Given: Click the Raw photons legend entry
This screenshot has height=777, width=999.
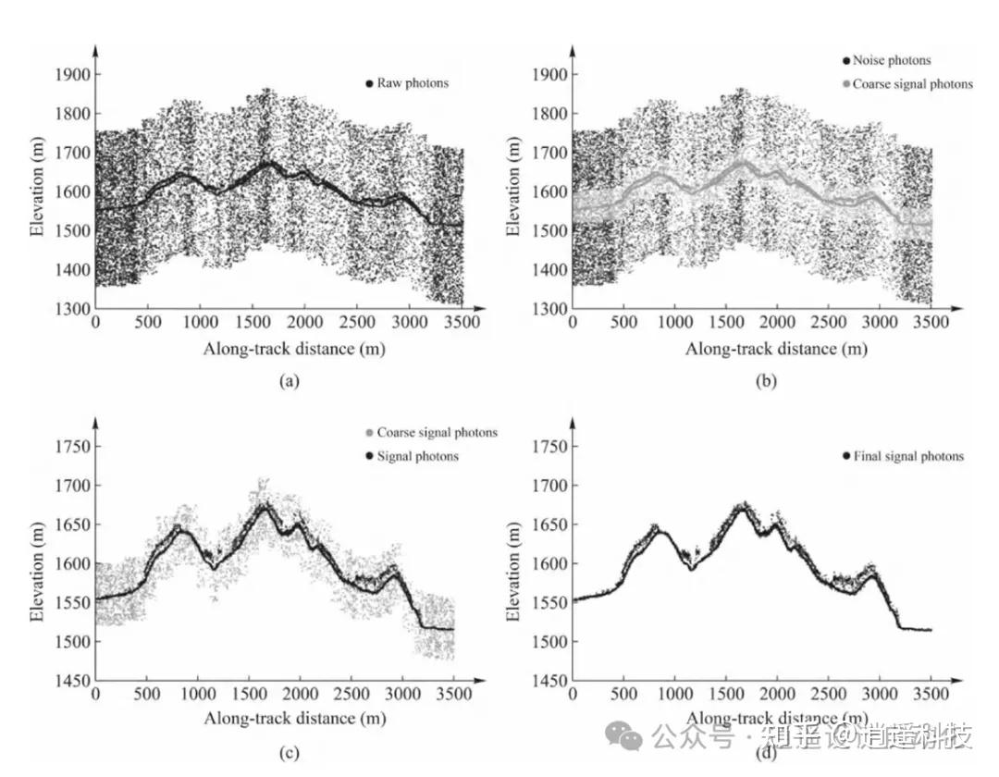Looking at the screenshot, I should [x=407, y=83].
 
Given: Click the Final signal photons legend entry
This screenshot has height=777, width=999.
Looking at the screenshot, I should [x=904, y=456].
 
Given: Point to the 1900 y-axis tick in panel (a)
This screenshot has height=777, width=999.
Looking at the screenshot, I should [x=73, y=74].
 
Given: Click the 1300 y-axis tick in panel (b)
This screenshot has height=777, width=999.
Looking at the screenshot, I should [x=550, y=309].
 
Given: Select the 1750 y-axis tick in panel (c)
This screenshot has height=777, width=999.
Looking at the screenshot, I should [x=73, y=447].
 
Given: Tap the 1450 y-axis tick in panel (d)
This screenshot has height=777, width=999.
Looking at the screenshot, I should [x=550, y=681].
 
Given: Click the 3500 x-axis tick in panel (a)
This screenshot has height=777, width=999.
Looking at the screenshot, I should [x=462, y=321].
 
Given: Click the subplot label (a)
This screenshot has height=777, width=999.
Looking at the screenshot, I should [x=288, y=380].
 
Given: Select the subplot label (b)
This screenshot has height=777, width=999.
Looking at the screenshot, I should [x=765, y=380].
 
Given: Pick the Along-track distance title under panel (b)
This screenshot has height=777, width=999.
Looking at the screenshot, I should [x=776, y=349].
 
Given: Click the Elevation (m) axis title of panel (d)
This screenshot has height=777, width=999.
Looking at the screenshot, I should [x=515, y=563].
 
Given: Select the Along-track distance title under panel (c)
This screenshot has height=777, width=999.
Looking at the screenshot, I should [x=294, y=718].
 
